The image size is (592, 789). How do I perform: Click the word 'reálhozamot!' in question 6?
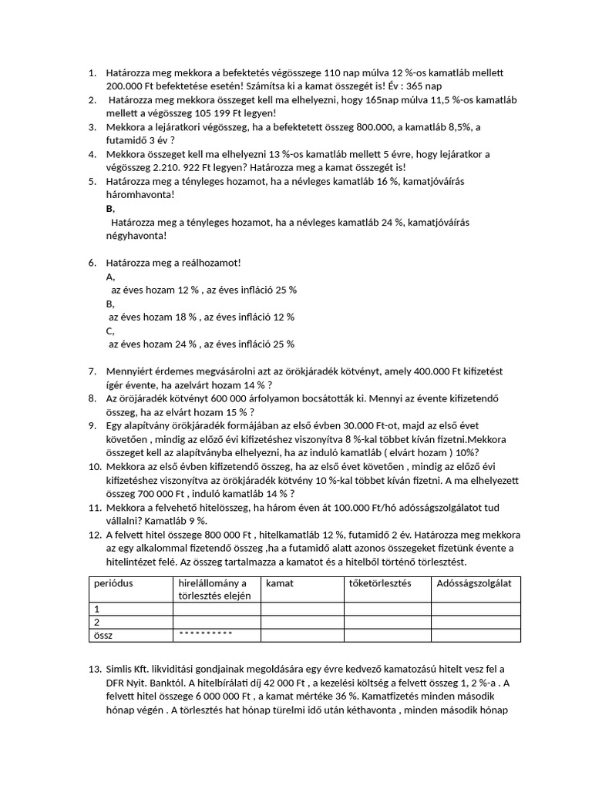pyautogui.click(x=206, y=263)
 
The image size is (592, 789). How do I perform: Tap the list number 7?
pyautogui.click(x=92, y=371)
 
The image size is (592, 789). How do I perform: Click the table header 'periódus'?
pyautogui.click(x=114, y=583)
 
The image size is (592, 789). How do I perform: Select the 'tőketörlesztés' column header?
pyautogui.click(x=381, y=583)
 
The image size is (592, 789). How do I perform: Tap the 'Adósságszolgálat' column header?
pyautogui.click(x=473, y=583)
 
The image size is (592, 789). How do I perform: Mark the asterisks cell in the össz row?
pyautogui.click(x=205, y=635)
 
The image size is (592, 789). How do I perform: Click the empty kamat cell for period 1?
pyautogui.click(x=302, y=609)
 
